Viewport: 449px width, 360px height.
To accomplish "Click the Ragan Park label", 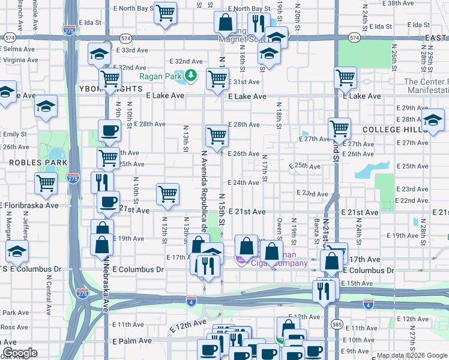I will click(161, 76).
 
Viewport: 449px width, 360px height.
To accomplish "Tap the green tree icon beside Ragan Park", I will click(191, 76).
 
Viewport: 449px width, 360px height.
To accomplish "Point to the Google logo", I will click(20, 352).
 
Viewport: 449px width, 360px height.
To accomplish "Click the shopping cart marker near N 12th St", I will click(167, 193).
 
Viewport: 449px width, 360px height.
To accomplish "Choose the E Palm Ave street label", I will click(131, 341).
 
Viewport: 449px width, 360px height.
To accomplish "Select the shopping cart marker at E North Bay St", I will click(165, 13).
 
